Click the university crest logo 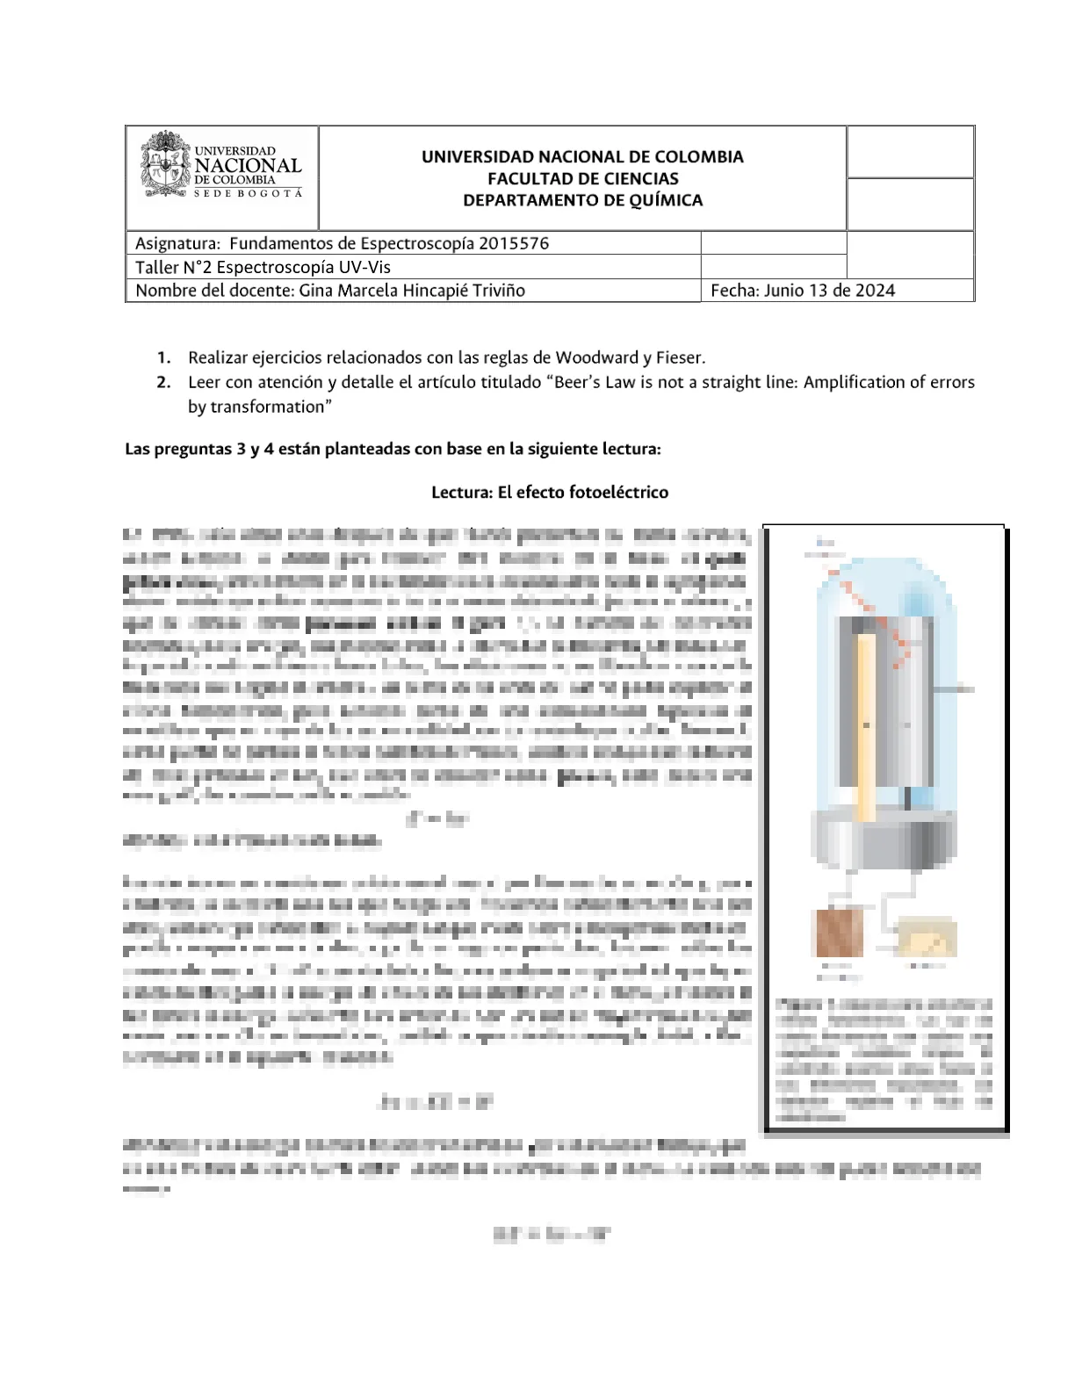pyautogui.click(x=165, y=164)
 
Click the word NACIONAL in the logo pyautogui.click(x=248, y=165)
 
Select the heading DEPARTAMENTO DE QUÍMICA pyautogui.click(x=583, y=200)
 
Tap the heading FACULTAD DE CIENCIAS pyautogui.click(x=583, y=178)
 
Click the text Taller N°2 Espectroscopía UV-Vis pyautogui.click(x=263, y=267)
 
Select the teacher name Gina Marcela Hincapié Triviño pyautogui.click(x=412, y=291)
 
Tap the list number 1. pyautogui.click(x=163, y=357)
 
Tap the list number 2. pyautogui.click(x=163, y=382)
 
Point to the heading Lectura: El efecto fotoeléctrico pyautogui.click(x=550, y=493)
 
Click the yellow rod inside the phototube pyautogui.click(x=866, y=724)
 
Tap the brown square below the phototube pyautogui.click(x=840, y=933)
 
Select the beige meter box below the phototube pyautogui.click(x=926, y=938)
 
